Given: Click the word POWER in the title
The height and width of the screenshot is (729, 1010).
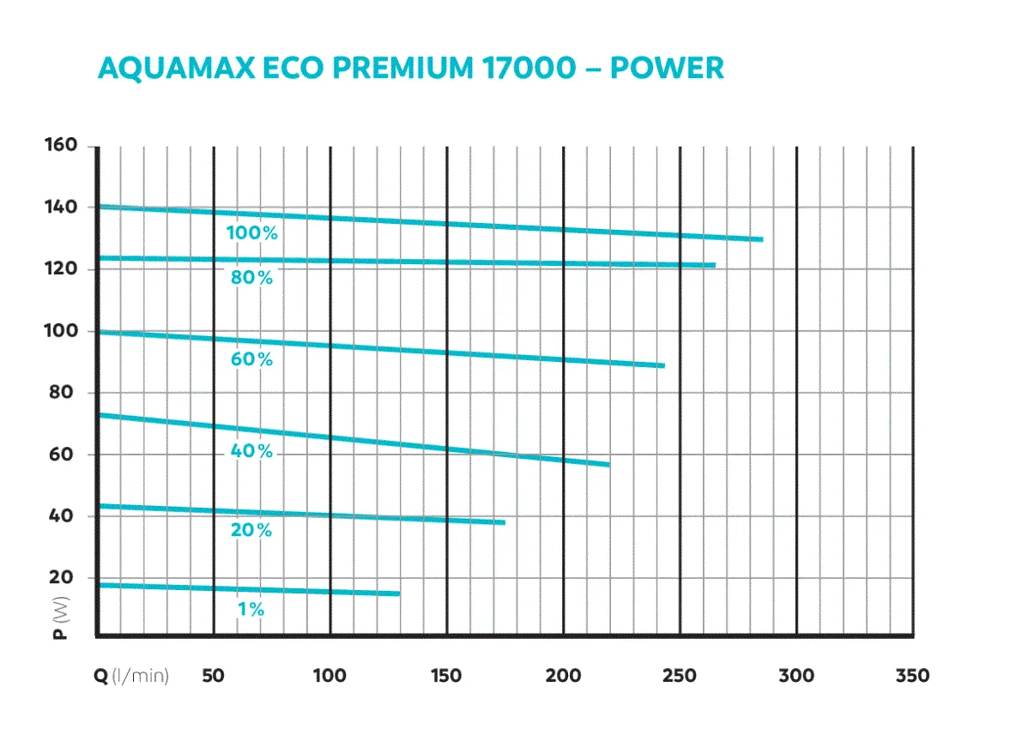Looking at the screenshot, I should pyautogui.click(x=667, y=68).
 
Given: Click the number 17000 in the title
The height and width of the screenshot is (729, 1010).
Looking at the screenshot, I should pyautogui.click(x=523, y=68).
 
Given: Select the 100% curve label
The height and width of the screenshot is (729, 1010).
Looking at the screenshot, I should pyautogui.click(x=252, y=233).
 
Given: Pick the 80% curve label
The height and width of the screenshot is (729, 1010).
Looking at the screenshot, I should pyautogui.click(x=252, y=278).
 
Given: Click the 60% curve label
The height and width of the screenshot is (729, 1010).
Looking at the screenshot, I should pyautogui.click(x=252, y=360).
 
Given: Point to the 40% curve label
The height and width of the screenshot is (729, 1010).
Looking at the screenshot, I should pyautogui.click(x=252, y=451).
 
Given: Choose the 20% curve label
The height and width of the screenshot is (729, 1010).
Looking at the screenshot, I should pyautogui.click(x=252, y=531).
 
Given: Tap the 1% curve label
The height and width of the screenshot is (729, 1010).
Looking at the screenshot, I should pyautogui.click(x=252, y=611).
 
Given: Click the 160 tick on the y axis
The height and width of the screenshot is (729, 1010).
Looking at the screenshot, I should pyautogui.click(x=61, y=146).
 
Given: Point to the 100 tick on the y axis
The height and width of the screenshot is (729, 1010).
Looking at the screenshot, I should pyautogui.click(x=61, y=331).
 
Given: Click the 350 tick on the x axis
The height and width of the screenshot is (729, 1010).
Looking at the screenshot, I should pyautogui.click(x=911, y=676).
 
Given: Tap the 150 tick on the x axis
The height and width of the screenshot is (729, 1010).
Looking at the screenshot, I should pyautogui.click(x=446, y=676).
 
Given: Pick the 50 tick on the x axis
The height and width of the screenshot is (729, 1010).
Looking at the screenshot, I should pyautogui.click(x=213, y=676).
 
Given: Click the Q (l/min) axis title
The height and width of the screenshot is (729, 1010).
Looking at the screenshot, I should pyautogui.click(x=131, y=676).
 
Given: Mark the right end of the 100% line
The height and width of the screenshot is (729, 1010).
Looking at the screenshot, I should pyautogui.click(x=761, y=239).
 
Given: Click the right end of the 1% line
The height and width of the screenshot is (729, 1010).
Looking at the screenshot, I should pyautogui.click(x=399, y=593).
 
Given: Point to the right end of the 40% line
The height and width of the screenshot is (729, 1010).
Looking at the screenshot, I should pyautogui.click(x=608, y=464).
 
